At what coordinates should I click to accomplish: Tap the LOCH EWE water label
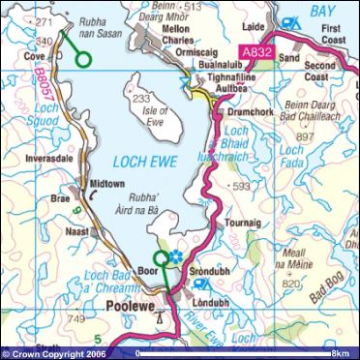(145, 165)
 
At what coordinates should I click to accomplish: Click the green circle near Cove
(82, 60)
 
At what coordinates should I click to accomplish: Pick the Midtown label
(106, 183)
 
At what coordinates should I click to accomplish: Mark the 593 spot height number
(237, 186)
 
